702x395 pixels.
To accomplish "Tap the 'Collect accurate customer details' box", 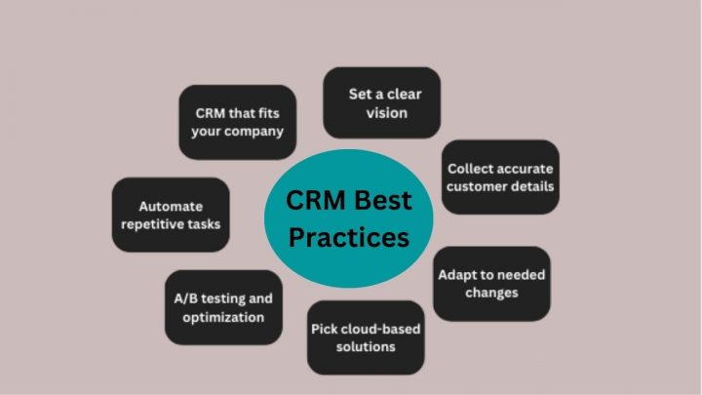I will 500,176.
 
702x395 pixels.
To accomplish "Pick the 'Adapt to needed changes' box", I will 491,283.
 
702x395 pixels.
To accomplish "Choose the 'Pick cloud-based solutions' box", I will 366,337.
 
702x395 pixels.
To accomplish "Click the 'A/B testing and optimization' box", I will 223,307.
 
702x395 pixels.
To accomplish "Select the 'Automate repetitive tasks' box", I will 171,215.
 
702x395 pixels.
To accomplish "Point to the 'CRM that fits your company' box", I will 237,122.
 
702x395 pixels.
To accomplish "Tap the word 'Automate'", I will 171,206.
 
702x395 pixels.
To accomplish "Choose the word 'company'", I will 253,132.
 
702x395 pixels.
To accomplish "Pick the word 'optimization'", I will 223,317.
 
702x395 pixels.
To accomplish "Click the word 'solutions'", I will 366,347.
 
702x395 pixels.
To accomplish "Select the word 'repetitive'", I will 154,224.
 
